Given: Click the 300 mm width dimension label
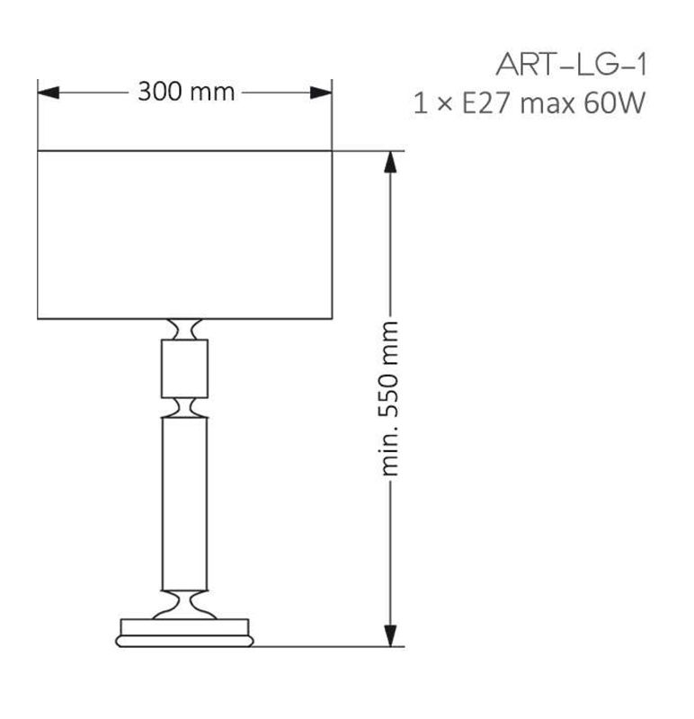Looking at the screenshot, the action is (186, 92).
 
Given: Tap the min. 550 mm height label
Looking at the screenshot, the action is (390, 398).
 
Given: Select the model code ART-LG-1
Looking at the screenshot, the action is (571, 65).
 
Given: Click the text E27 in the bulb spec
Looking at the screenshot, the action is (485, 102).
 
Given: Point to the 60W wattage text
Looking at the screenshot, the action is (615, 102).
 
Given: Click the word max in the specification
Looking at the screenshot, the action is (547, 104).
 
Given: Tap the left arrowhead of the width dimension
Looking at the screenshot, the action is (49, 93).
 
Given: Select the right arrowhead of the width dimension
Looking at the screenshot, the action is (321, 93).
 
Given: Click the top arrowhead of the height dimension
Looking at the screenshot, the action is (390, 162).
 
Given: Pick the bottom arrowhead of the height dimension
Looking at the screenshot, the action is (390, 635).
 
